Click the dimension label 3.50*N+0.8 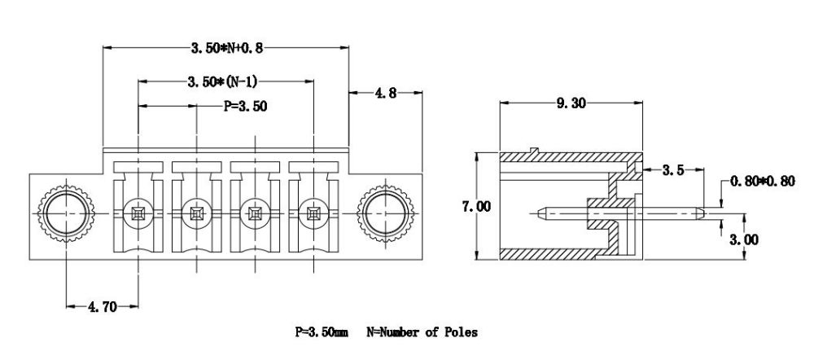(x=227, y=49)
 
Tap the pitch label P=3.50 (x=245, y=106)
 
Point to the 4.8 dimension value (x=386, y=94)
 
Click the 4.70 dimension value (x=101, y=307)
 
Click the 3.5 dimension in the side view (x=672, y=170)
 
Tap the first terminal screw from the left (x=138, y=214)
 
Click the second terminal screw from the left (x=196, y=214)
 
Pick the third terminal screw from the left (x=255, y=214)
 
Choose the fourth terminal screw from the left (x=313, y=214)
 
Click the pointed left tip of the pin (x=542, y=214)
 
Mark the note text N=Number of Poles (x=423, y=332)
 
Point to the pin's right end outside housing (x=699, y=214)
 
